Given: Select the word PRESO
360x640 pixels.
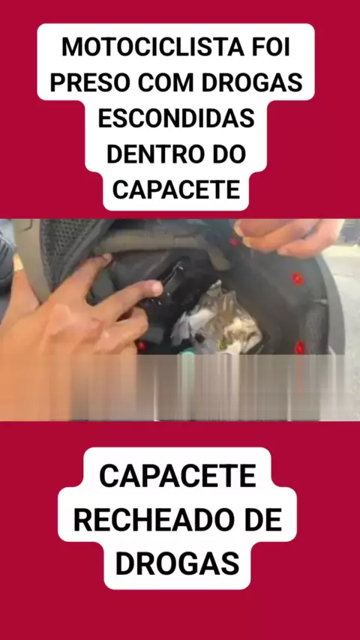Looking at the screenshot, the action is click(90, 83).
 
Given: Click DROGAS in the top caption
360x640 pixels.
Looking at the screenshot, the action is click(252, 83).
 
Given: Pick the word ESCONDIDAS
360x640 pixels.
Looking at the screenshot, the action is click(176, 118).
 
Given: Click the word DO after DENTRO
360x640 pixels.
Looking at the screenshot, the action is click(226, 154).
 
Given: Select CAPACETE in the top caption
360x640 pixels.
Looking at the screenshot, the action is click(176, 190).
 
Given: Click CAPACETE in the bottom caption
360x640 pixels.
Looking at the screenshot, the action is click(177, 477).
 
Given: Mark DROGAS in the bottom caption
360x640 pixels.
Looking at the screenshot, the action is click(177, 564).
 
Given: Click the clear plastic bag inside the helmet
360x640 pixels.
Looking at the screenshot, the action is click(217, 322).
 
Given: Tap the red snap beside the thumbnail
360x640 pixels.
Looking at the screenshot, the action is click(234, 241).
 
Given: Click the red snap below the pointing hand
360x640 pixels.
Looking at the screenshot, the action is click(141, 346).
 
